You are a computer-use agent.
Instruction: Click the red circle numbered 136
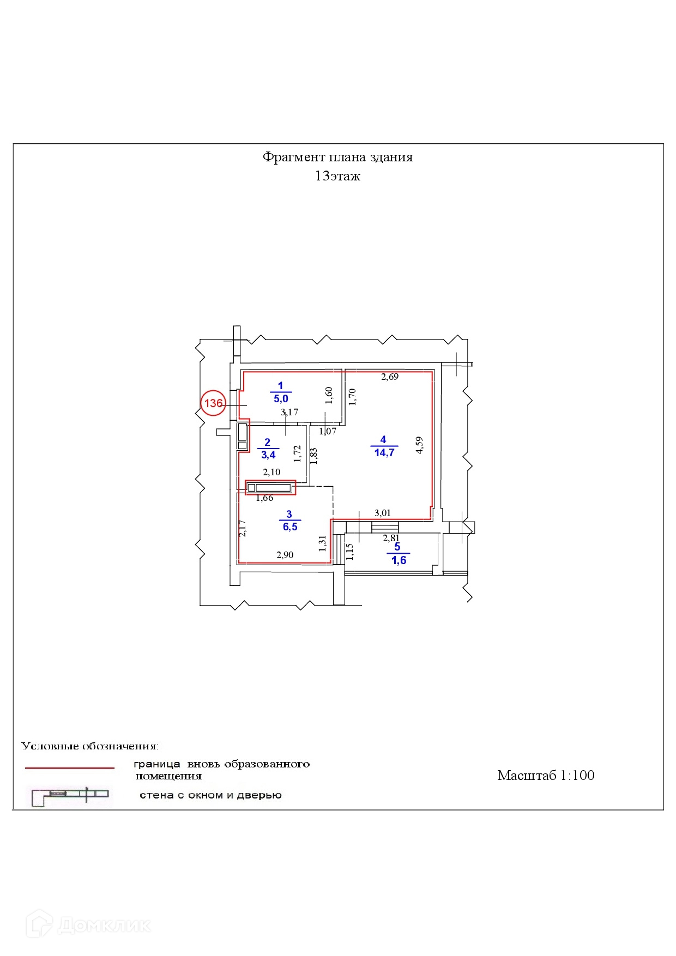(x=213, y=403)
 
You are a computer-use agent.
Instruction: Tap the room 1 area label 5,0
(x=281, y=398)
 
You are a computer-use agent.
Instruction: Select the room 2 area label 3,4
(x=267, y=454)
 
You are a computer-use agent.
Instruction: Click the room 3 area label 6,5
(x=289, y=527)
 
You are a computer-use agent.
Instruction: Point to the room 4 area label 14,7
(x=384, y=452)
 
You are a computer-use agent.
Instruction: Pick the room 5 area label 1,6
(x=399, y=560)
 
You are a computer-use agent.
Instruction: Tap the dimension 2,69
(x=390, y=376)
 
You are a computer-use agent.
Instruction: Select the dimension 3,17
(x=289, y=413)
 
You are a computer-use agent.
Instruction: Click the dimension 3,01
(x=382, y=512)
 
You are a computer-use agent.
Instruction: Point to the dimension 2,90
(x=285, y=555)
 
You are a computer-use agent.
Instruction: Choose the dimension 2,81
(x=391, y=538)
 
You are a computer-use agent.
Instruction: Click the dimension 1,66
(x=264, y=498)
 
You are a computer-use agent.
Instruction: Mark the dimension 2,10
(x=271, y=472)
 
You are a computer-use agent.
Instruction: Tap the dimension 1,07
(x=328, y=431)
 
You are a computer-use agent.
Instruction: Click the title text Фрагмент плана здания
(x=337, y=157)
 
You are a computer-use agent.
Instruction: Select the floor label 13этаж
(x=337, y=176)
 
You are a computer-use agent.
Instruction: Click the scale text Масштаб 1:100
(x=545, y=775)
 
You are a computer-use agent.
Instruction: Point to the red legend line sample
(x=70, y=768)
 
